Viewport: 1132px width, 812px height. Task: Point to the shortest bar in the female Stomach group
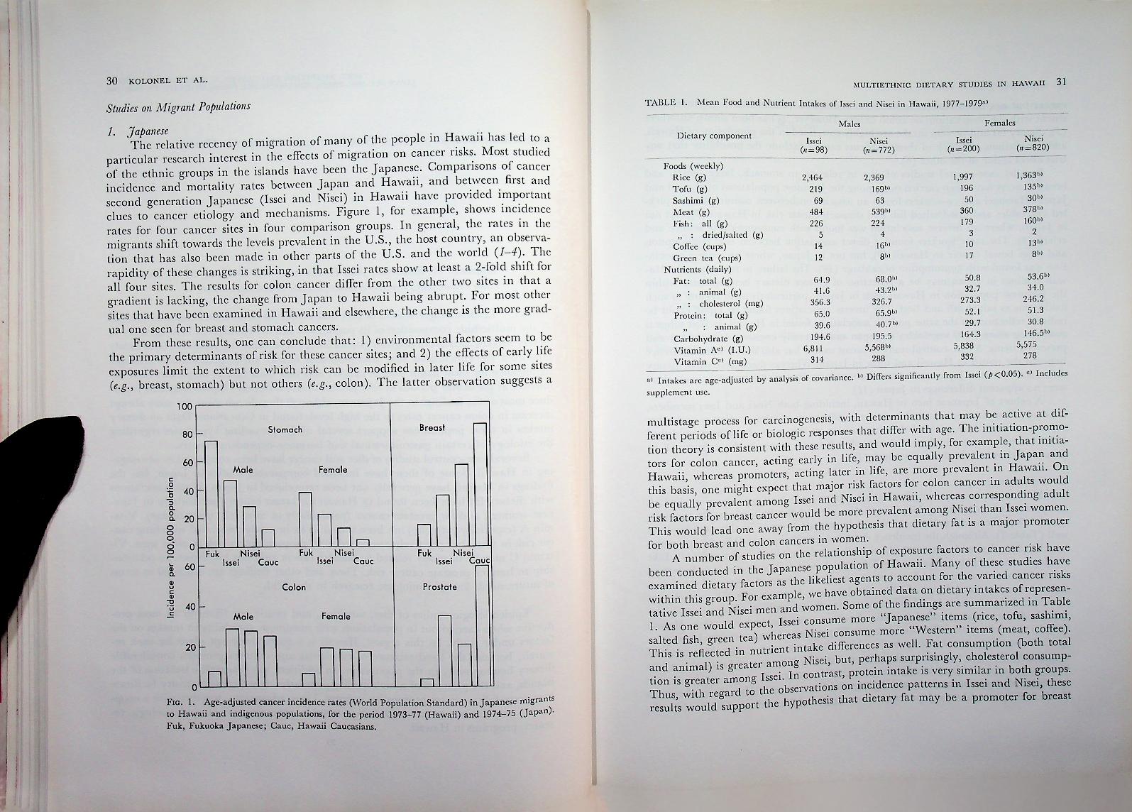[363, 543]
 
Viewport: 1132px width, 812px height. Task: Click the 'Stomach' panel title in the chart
[285, 429]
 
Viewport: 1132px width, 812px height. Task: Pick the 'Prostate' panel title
[439, 587]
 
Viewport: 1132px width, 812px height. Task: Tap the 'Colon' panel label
[294, 587]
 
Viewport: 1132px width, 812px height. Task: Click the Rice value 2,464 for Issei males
[811, 177]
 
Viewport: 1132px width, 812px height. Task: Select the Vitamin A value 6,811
[812, 349]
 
